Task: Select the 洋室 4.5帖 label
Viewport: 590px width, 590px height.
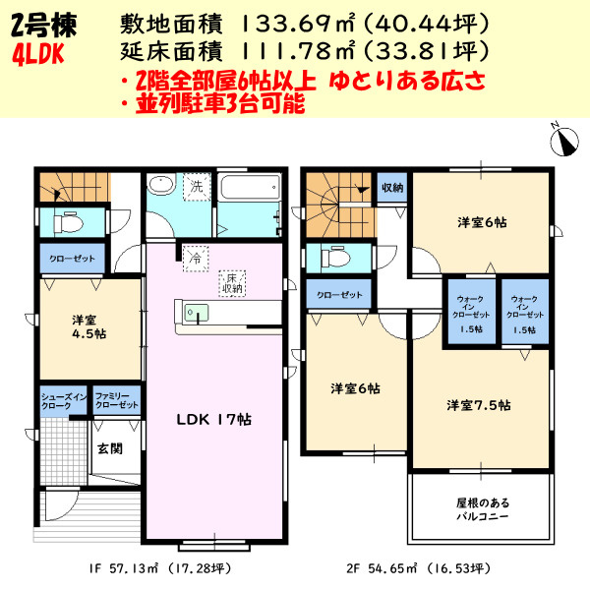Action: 88,326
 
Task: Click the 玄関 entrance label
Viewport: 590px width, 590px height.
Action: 108,448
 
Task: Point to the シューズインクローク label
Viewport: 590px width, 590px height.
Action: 63,401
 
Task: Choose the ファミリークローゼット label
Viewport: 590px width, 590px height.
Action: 116,401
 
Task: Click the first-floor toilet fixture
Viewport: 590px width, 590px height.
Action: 69,221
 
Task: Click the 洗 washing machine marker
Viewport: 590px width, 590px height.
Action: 196,186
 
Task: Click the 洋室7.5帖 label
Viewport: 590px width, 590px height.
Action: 478,404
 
